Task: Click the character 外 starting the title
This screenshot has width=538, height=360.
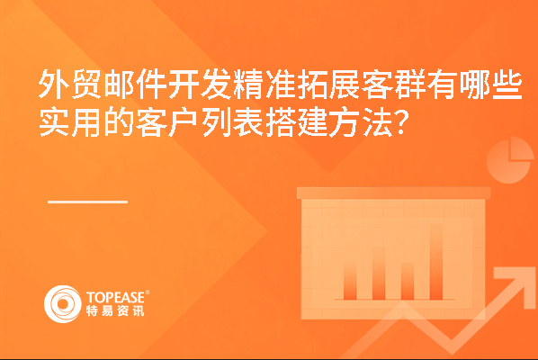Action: pos(53,84)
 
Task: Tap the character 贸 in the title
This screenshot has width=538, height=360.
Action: pos(85,84)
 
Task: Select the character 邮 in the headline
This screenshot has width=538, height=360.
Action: pos(119,84)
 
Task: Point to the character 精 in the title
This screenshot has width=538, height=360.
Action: pos(247,84)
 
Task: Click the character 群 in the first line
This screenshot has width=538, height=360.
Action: pos(409,84)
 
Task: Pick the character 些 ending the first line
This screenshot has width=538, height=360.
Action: pos(507,84)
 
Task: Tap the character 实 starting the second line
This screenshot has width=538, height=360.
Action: pos(53,122)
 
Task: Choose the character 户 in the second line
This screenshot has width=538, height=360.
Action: pos(183,122)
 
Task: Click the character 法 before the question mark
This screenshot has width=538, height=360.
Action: pos(378,122)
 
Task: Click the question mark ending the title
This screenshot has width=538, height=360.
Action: pos(402,121)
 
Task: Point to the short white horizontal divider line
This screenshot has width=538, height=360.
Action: pos(88,202)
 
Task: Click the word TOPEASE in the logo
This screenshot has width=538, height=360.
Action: pos(115,298)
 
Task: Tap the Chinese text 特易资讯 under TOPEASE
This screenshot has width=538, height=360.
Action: pos(115,310)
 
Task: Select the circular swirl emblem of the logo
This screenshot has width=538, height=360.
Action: pos(63,303)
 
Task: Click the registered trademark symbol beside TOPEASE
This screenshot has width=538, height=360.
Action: pos(148,292)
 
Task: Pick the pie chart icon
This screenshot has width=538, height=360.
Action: pos(510,160)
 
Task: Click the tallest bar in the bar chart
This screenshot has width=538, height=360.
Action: pos(436,262)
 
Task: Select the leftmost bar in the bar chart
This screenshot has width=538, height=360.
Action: pos(350,282)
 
